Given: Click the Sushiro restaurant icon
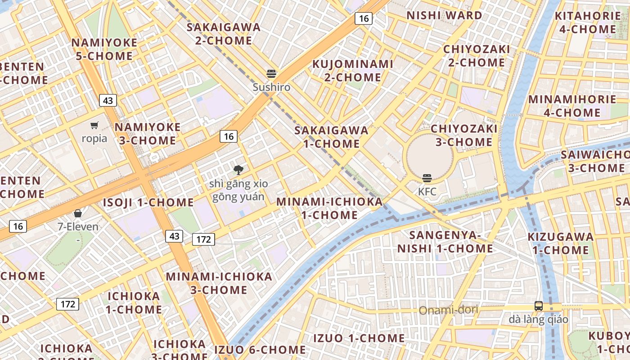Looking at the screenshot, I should click(x=271, y=73).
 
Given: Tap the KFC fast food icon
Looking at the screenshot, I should click(x=427, y=178).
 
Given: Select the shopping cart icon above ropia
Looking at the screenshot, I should click(x=94, y=125).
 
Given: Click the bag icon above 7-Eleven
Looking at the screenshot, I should click(x=78, y=213).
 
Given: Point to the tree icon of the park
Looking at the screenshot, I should click(x=238, y=170).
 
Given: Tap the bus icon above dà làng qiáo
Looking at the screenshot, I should click(x=538, y=306).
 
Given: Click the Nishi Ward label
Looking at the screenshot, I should click(x=444, y=15).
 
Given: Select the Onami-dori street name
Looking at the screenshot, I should click(x=448, y=310).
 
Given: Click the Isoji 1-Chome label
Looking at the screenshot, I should click(x=148, y=202).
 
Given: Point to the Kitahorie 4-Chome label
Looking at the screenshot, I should click(x=587, y=22).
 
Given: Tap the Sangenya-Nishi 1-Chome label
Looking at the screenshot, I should click(x=445, y=242).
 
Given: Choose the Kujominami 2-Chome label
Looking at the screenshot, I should click(x=353, y=71).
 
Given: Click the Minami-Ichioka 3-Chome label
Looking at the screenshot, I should click(x=219, y=283).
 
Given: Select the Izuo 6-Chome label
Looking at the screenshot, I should click(x=260, y=350).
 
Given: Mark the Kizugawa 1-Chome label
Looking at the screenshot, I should click(x=560, y=243).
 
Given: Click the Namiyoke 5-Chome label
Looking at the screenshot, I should click(x=104, y=49).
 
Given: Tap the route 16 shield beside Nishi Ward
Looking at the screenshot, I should click(x=363, y=18).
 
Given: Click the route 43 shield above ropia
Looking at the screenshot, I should click(x=108, y=100).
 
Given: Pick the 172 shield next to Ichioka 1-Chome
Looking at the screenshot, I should click(x=67, y=304).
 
